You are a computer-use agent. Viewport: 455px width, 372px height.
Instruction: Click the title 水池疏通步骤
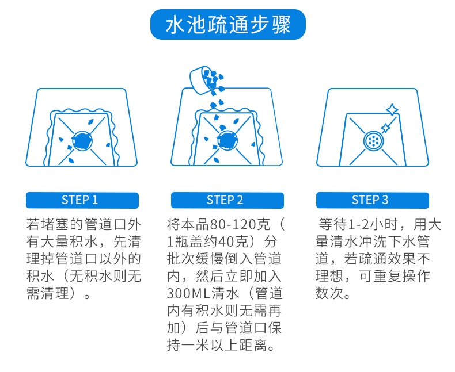point(228,25)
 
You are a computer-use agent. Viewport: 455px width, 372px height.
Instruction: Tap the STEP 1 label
point(80,200)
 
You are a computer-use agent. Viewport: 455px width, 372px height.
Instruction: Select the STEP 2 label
point(225,200)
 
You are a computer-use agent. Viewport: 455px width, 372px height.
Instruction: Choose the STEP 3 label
point(370,200)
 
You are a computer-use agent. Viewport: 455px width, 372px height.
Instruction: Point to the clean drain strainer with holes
point(373,141)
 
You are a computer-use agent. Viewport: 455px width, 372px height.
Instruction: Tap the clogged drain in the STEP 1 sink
point(82,141)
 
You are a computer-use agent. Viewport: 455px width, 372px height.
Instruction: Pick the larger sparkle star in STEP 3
point(392,110)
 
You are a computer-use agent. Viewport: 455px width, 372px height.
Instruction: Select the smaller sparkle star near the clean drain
point(385,128)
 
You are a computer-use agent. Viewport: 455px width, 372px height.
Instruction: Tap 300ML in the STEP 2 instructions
point(188,293)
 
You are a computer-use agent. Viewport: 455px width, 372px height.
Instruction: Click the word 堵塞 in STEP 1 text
point(55,225)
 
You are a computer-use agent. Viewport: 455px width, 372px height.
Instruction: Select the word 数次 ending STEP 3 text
point(329,293)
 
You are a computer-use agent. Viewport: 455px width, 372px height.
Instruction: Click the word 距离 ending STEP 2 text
point(253,346)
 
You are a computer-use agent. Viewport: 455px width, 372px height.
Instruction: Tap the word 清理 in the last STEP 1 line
point(55,293)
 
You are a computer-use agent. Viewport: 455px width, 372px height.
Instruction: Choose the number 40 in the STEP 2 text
point(226,242)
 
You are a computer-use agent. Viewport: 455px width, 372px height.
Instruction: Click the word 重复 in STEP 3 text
point(388,276)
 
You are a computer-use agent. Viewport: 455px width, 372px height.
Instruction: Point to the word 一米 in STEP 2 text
point(196,346)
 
